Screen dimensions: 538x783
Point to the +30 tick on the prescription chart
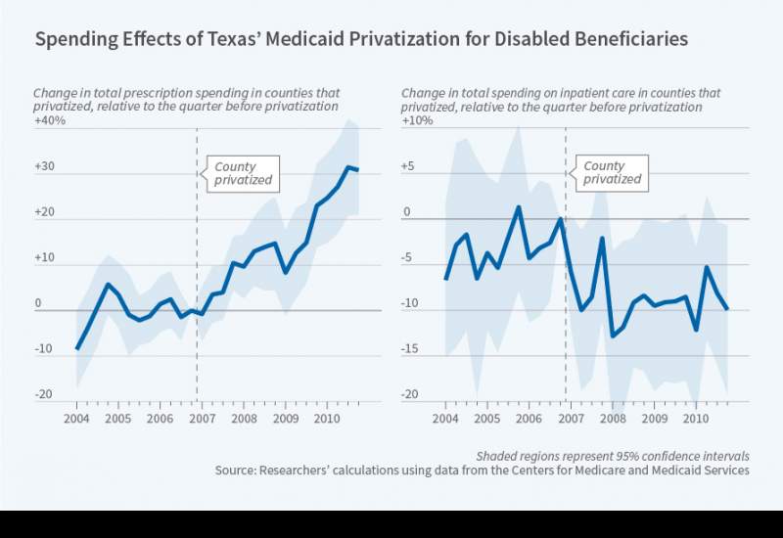coord(44,167)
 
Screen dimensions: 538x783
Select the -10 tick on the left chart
coord(43,349)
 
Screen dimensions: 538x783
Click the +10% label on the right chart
coord(418,121)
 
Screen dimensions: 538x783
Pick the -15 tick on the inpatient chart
coord(412,349)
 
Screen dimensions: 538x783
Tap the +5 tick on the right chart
coord(410,167)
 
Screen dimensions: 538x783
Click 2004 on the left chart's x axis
coord(77,419)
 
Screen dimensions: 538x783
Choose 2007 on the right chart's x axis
coord(570,419)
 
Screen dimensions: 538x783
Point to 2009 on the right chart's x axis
coord(653,419)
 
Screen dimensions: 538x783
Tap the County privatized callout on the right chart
coord(612,172)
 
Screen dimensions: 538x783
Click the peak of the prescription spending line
coord(348,167)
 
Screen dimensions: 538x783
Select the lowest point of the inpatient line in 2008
coord(612,336)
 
